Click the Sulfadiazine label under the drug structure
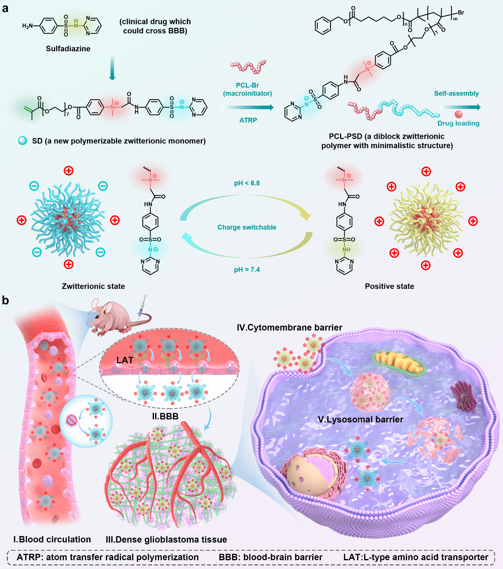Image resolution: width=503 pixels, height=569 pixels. click(x=68, y=48)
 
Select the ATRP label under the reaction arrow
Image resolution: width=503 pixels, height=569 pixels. click(x=248, y=120)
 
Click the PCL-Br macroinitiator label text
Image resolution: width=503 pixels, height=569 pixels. click(x=248, y=89)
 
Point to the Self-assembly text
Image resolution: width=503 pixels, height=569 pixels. click(x=456, y=93)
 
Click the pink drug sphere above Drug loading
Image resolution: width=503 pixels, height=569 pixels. click(x=459, y=114)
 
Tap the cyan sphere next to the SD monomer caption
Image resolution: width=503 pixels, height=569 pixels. click(x=23, y=141)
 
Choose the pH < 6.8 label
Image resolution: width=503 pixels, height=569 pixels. click(x=247, y=183)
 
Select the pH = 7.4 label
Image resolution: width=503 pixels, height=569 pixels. click(x=247, y=269)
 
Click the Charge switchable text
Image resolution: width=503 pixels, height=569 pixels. click(x=247, y=227)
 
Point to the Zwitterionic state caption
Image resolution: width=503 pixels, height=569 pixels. click(x=93, y=286)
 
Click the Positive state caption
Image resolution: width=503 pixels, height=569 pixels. click(x=389, y=286)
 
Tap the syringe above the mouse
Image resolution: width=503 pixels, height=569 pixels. click(x=142, y=306)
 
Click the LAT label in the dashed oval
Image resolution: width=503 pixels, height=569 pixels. click(x=125, y=360)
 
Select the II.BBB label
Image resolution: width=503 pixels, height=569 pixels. click(x=165, y=416)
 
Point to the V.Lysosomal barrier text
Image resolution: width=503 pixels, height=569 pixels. click(x=361, y=419)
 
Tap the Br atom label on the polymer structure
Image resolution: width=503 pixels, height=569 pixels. click(x=461, y=13)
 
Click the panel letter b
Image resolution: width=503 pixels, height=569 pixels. click(x=5, y=300)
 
